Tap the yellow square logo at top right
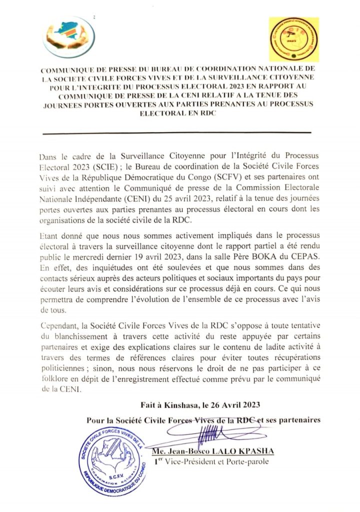pos(294,39)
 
